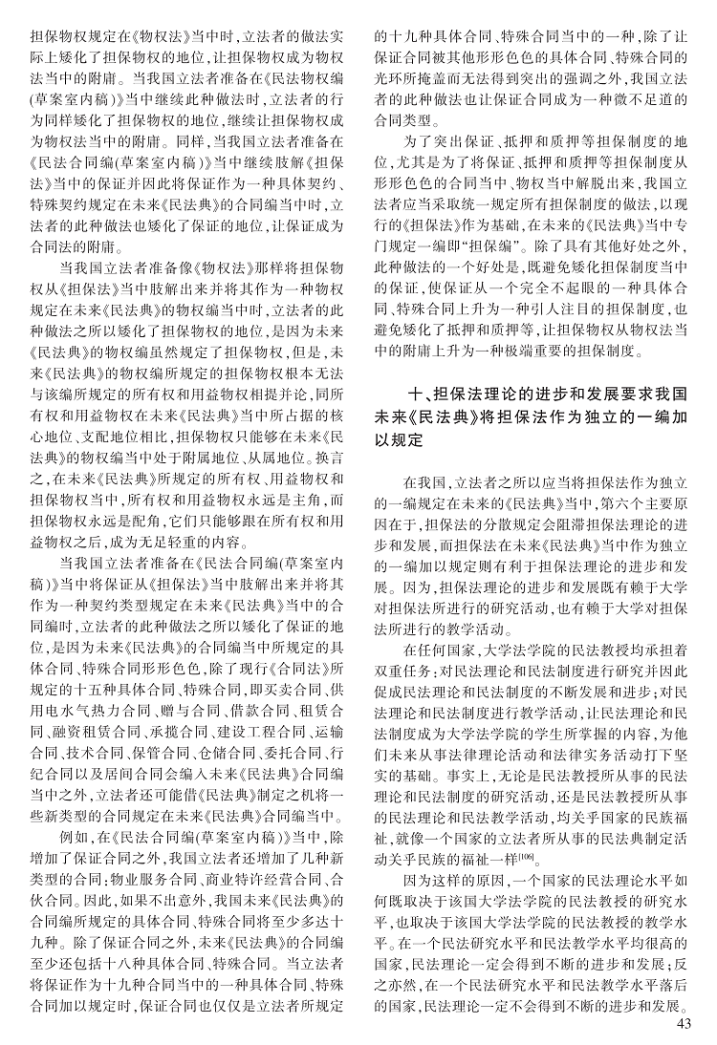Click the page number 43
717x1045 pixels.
(x=682, y=1025)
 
